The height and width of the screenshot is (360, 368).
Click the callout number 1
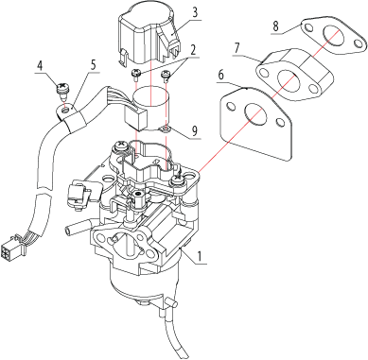point(199,256)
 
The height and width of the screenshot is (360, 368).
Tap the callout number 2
point(193,51)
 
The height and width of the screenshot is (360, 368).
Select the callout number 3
point(195,13)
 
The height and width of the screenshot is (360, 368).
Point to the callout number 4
point(40,66)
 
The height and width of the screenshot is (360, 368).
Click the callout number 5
point(93,64)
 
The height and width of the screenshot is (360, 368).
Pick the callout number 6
point(221,75)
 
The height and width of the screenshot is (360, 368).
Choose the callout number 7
point(237,48)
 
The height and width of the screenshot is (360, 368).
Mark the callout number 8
point(276,26)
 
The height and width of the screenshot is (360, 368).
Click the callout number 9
point(195,129)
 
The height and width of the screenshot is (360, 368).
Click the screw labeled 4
point(62,89)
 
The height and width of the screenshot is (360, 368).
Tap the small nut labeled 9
point(166,129)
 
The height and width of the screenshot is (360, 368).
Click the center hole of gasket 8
point(332,34)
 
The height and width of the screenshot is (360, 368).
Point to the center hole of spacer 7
point(288,77)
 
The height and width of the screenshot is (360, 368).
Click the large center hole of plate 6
point(255,113)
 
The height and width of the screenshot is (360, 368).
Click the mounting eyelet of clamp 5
point(65,110)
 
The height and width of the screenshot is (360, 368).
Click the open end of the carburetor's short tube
point(68,231)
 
